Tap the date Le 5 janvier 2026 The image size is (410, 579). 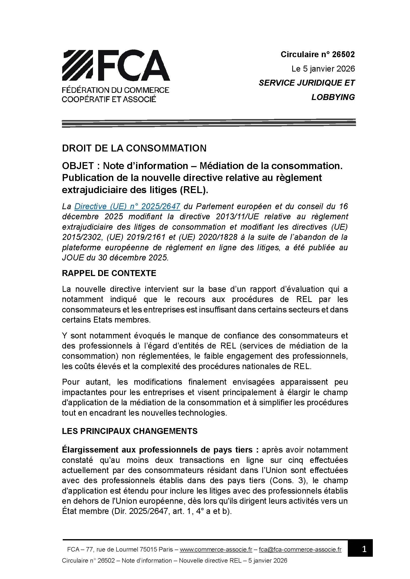tap(323, 69)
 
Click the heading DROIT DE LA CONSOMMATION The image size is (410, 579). tap(134, 148)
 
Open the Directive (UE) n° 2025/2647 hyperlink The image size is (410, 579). tap(127, 206)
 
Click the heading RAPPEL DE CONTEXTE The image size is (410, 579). tap(109, 273)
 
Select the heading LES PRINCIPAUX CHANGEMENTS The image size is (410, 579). tap(129, 431)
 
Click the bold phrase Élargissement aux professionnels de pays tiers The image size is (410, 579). tap(160, 450)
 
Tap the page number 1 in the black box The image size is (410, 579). tap(364, 549)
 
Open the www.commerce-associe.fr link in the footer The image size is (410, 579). tap(216, 549)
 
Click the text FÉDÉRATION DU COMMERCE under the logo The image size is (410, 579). tap(115, 90)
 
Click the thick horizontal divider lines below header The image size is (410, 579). tap(208, 123)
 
